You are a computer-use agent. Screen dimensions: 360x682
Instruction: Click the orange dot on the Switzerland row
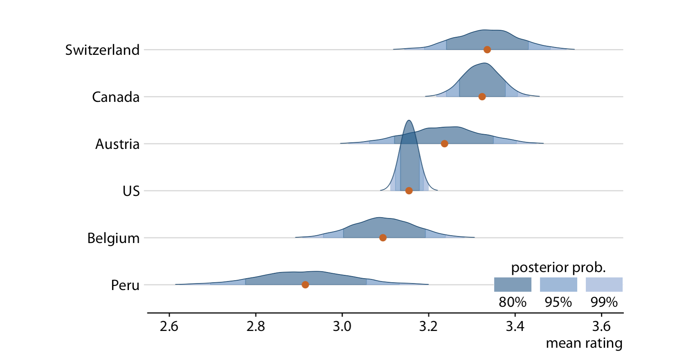click(487, 49)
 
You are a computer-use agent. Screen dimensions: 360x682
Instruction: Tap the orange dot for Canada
click(482, 97)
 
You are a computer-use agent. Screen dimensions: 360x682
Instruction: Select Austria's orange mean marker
click(444, 144)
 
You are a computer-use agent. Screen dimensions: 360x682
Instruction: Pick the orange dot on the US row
click(409, 191)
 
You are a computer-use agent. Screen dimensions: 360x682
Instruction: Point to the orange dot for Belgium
click(382, 238)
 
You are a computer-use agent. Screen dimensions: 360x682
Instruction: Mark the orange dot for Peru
click(305, 285)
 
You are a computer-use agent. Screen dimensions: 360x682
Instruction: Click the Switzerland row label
click(102, 50)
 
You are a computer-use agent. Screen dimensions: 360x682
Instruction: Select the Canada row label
click(115, 97)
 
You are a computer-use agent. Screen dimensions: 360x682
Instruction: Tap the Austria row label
click(117, 144)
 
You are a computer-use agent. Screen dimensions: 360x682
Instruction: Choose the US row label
click(131, 191)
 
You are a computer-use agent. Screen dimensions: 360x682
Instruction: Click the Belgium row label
click(113, 238)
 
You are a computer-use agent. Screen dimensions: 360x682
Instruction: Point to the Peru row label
click(125, 285)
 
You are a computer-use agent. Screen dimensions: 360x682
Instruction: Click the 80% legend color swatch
click(513, 284)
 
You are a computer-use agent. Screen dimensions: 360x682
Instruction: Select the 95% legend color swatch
click(558, 284)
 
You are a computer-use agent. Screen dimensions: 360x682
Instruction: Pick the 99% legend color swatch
click(604, 284)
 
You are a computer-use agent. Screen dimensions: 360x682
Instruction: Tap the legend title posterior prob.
click(558, 268)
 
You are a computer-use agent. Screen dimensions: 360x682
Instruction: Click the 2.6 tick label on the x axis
click(169, 326)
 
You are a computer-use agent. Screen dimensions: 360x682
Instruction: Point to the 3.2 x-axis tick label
click(429, 326)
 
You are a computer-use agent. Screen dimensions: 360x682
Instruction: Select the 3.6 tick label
click(601, 326)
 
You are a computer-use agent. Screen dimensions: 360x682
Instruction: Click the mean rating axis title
click(584, 343)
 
